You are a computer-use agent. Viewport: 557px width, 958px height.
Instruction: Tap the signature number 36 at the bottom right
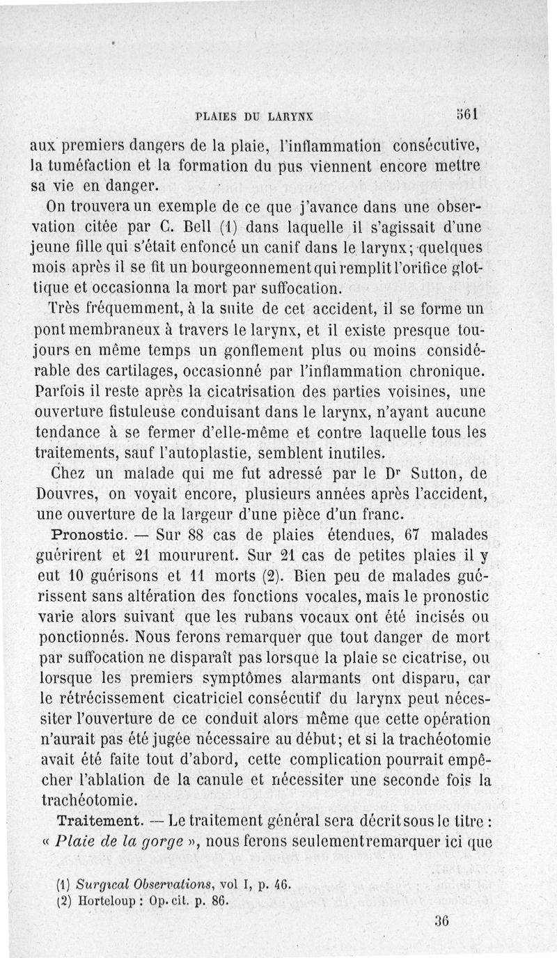point(441,920)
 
